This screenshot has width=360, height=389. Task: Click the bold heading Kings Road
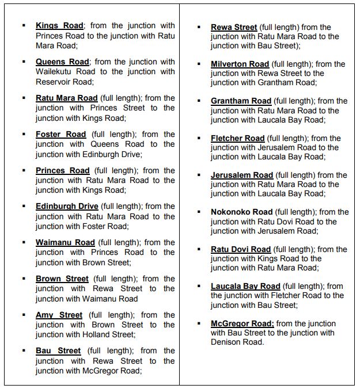pos(60,25)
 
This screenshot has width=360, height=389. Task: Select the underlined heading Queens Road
pos(62,62)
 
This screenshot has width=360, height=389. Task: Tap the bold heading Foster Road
pos(60,134)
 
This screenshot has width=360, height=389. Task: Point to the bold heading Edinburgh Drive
pos(67,206)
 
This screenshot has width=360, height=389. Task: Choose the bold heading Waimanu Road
pos(65,242)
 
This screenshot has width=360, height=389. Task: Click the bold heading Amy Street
pos(59,315)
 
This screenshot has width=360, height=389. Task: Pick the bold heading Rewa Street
pos(234,27)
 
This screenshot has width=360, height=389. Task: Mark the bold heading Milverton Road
pos(240,64)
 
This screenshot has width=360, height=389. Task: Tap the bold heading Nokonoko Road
pos(241,212)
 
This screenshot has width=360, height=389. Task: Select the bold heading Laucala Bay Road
pos(245,286)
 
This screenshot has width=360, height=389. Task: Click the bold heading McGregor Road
pos(242,323)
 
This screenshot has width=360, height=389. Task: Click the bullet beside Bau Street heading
pos(24,350)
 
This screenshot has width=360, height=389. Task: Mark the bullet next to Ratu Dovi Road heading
pos(199,249)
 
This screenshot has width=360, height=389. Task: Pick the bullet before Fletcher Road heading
pos(199,138)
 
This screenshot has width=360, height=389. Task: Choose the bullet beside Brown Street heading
pos(24,279)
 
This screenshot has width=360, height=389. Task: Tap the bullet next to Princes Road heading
pos(24,170)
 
